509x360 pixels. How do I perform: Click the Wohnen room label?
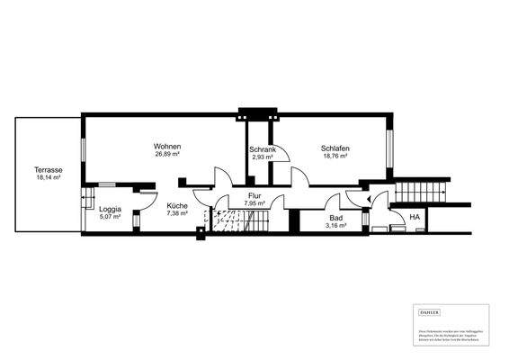coord(167,147)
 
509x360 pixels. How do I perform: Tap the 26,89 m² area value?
coord(167,155)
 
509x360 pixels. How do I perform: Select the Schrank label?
coord(262,148)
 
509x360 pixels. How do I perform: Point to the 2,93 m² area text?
coord(262,157)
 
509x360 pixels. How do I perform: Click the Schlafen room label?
coord(335,148)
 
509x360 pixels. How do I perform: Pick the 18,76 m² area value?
coord(335,157)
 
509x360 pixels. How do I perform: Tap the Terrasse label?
coord(48,170)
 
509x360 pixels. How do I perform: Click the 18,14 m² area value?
coord(48,178)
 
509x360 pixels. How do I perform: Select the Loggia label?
coord(111,209)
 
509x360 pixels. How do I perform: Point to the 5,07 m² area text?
coord(111,217)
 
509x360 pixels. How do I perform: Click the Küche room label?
coord(177,206)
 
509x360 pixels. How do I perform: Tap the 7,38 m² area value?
coord(177,214)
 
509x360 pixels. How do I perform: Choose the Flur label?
coord(254,195)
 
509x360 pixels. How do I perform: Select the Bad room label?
coord(336,219)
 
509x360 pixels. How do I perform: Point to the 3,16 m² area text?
coord(336,227)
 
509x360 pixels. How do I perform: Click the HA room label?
coord(415,218)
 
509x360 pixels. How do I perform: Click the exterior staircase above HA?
coord(421,191)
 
